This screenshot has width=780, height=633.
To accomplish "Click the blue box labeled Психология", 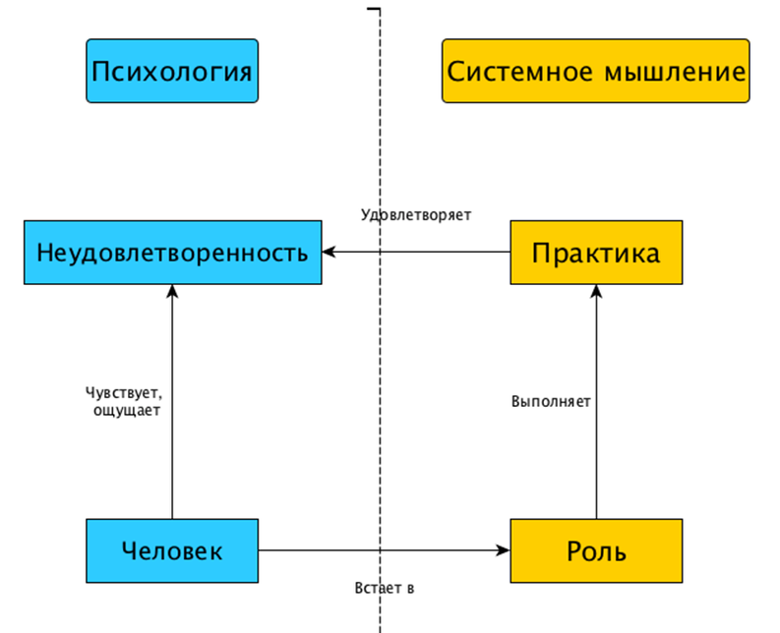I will tap(172, 71).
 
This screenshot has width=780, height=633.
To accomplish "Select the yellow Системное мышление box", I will tap(595, 71).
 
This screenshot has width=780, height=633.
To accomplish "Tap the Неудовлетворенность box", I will tap(172, 253).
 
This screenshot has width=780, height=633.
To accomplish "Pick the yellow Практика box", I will tap(595, 253).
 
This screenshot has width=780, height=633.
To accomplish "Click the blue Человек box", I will tap(172, 550).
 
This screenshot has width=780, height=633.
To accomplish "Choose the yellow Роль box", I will tap(595, 550).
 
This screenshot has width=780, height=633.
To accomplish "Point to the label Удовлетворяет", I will tap(416, 214).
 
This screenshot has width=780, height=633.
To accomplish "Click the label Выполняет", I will tap(551, 401).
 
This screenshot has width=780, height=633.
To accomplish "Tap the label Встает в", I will tap(384, 588).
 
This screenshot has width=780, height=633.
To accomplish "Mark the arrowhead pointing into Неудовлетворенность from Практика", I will tap(329, 253).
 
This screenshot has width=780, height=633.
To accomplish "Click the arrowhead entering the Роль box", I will tap(503, 550).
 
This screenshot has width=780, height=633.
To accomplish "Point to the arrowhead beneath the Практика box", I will tap(596, 291).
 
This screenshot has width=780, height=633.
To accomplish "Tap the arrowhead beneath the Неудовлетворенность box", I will tap(172, 291).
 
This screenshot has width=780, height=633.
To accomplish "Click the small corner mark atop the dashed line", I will tap(374, 9).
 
